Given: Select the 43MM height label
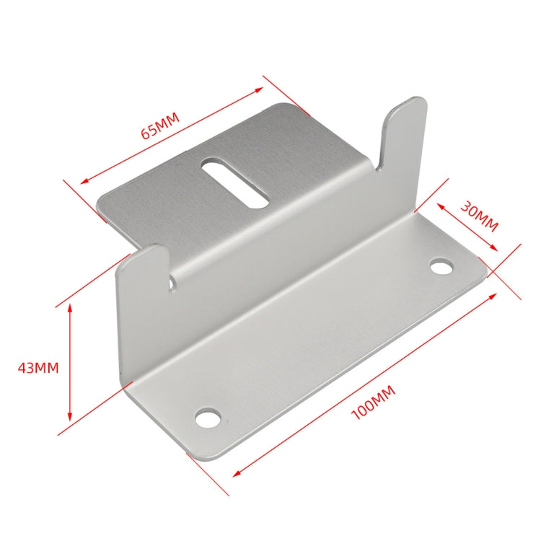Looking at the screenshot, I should pyautogui.click(x=38, y=367).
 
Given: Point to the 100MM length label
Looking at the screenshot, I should pyautogui.click(x=372, y=404).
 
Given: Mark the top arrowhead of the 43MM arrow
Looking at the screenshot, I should pyautogui.click(x=70, y=307).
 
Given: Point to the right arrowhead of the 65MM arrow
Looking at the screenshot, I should pyautogui.click(x=261, y=89).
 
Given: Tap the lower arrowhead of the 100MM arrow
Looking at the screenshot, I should pyautogui.click(x=236, y=473).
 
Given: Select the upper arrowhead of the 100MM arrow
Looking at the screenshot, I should pyautogui.click(x=496, y=295).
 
